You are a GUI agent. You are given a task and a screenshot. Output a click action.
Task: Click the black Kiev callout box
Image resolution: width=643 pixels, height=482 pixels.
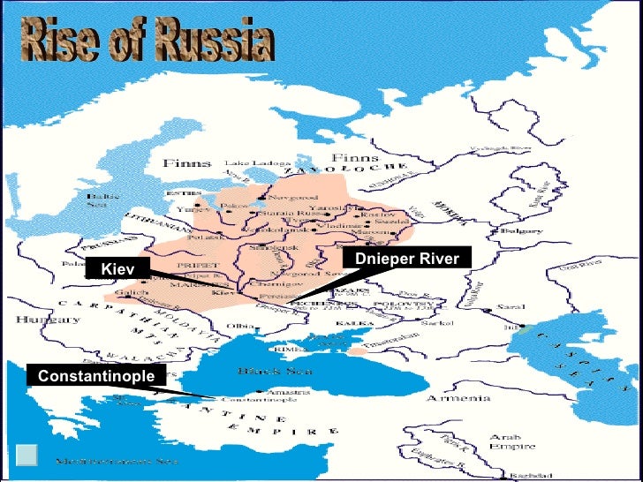tap(117, 268)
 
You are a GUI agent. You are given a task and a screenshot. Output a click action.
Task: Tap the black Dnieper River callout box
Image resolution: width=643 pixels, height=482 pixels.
tap(406, 259)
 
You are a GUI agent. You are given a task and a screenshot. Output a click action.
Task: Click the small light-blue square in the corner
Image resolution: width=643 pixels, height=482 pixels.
tap(26, 455)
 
